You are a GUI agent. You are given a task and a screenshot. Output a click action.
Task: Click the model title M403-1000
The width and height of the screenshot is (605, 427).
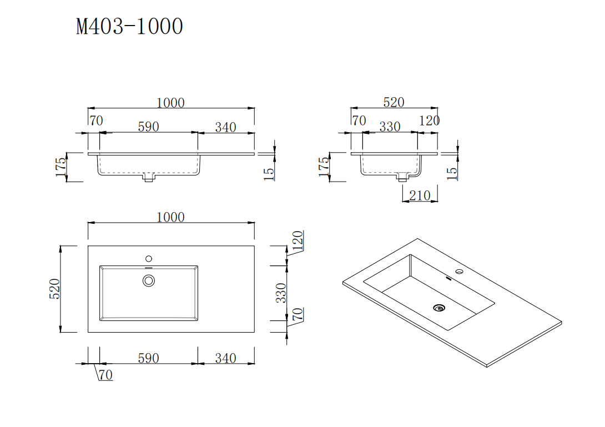[129, 26]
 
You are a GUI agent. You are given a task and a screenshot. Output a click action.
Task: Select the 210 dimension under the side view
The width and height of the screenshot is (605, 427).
[420, 195]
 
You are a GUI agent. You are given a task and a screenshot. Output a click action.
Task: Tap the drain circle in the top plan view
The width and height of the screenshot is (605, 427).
[148, 280]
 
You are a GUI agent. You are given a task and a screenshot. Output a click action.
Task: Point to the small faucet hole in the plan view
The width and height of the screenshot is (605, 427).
[148, 258]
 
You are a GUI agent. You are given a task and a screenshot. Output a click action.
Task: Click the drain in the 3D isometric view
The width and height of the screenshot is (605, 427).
[440, 307]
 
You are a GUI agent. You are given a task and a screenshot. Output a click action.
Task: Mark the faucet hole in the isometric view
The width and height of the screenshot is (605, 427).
[459, 272]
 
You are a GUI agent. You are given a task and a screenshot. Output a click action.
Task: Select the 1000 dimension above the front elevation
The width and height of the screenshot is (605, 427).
[170, 103]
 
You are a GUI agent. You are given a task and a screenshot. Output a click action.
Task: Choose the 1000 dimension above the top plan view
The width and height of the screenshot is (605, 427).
[170, 217]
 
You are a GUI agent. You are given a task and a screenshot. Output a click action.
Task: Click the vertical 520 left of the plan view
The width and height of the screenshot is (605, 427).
[54, 289]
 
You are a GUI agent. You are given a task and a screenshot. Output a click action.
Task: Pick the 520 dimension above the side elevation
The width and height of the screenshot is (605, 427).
[394, 102]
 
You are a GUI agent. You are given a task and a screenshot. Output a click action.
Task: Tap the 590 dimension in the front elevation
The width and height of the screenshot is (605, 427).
[148, 127]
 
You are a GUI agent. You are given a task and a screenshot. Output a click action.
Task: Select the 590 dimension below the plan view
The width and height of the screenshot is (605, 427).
[148, 358]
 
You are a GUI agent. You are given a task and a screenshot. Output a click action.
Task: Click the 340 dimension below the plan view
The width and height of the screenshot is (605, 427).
[225, 358]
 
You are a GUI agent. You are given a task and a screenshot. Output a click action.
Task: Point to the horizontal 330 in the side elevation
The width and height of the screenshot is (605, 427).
[390, 127]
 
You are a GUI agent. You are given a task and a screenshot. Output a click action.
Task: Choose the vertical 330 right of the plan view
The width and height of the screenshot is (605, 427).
[282, 293]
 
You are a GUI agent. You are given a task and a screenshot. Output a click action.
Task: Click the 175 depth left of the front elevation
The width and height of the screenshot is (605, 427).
[60, 167]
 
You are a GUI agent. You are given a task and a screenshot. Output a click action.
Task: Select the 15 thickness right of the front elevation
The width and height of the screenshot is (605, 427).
[269, 173]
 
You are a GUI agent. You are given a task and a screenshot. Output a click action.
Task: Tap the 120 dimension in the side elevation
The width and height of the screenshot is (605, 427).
[429, 120]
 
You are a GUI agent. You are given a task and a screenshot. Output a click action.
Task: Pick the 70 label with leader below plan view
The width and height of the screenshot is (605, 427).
[105, 375]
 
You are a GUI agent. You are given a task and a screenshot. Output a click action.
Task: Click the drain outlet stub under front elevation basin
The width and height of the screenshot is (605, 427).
[148, 178]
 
